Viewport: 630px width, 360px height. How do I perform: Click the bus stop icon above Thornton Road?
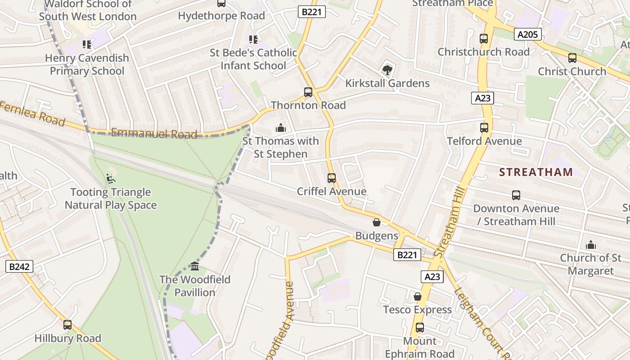coord(308,92)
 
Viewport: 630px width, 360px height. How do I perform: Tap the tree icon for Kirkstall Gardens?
coord(387,70)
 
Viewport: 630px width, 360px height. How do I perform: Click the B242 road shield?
coord(20,266)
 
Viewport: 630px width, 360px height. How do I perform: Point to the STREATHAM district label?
coord(536,172)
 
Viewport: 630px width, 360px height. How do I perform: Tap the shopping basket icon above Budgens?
coord(377,223)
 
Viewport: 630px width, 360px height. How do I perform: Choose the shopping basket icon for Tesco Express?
coord(418,297)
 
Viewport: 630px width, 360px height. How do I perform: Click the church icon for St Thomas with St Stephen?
coord(281,128)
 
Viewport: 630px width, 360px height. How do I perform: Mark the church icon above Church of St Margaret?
coord(590,245)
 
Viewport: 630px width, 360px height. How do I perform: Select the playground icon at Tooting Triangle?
coord(111,179)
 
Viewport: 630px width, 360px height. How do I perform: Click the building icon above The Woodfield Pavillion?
coord(195,266)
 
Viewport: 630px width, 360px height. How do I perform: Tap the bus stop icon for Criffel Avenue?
coord(332,178)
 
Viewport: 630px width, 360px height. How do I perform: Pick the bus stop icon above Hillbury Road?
coord(67,325)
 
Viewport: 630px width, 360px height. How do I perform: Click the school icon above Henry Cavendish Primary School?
coord(86,45)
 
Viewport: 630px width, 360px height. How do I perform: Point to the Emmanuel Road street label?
coord(154,134)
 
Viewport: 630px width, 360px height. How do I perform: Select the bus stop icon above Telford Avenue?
coord(484,128)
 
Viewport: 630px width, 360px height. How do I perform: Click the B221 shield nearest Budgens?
coord(407,255)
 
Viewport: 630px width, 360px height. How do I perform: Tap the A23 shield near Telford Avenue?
coord(483,98)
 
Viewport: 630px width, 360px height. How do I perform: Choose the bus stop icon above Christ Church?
coord(572,58)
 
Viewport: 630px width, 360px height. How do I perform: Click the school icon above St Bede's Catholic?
coord(253,40)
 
